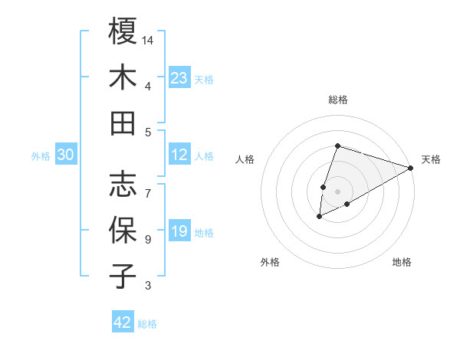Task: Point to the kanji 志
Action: [123, 184]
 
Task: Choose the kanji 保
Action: [123, 230]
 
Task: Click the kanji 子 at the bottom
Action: [123, 276]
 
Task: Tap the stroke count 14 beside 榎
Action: [149, 40]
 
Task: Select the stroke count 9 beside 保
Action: [148, 240]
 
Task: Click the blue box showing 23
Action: [179, 77]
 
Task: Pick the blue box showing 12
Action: [179, 155]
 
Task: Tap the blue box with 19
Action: [179, 232]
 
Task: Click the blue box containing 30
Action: [65, 155]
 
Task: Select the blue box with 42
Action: [123, 322]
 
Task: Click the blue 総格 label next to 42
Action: [147, 324]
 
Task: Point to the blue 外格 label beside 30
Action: [41, 156]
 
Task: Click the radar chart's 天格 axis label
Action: [432, 159]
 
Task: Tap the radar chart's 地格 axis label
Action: [402, 262]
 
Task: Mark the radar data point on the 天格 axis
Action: [411, 167]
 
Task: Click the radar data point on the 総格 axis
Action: [337, 146]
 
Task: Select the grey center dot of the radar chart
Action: [337, 191]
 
